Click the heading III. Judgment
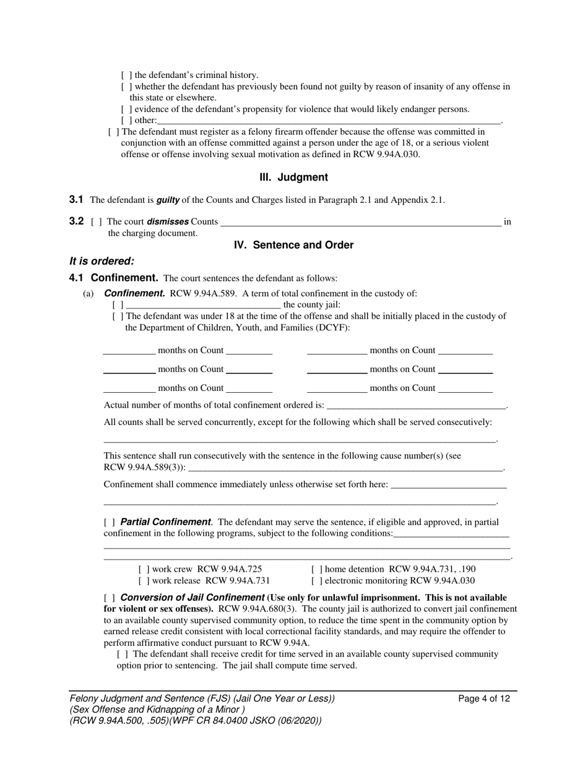click(293, 178)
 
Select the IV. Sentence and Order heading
click(293, 245)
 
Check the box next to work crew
click(143, 569)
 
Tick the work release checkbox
click(143, 580)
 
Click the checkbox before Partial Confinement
click(109, 522)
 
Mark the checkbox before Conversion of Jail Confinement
click(109, 598)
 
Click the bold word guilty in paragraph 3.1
click(167, 200)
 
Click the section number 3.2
click(77, 221)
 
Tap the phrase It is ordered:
click(102, 261)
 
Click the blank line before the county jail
click(203, 305)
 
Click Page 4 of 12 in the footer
click(484, 699)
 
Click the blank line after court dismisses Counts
click(360, 222)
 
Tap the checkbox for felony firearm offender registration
click(113, 132)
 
